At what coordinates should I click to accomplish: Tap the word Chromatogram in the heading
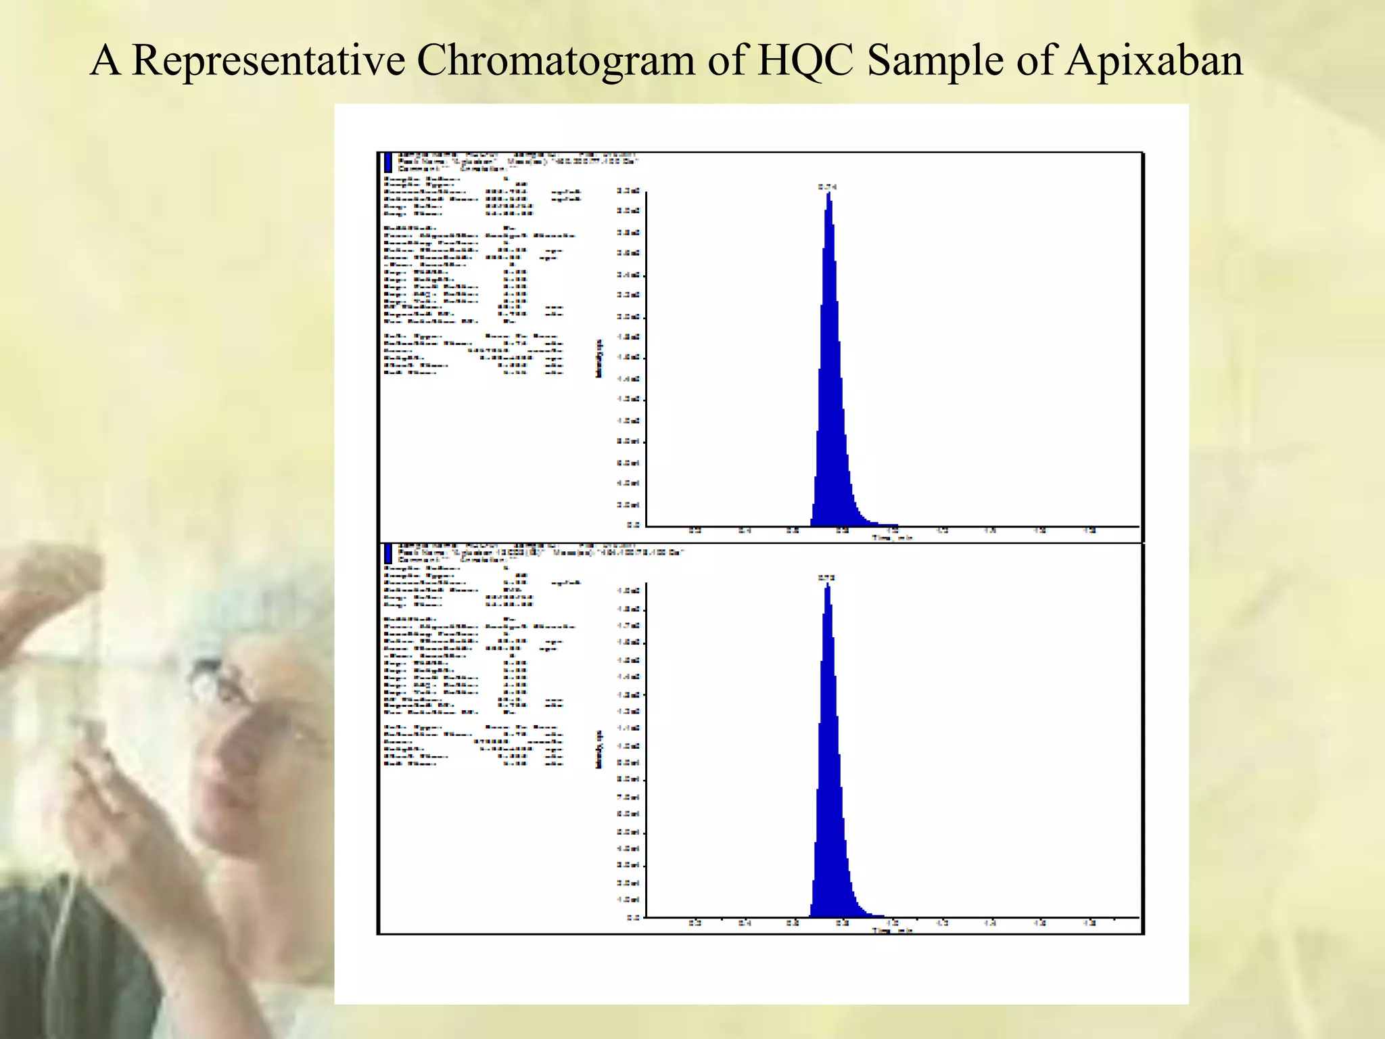[555, 61]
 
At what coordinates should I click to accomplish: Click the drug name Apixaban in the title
[1154, 61]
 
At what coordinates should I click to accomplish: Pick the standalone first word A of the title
[105, 61]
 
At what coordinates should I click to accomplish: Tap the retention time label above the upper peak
[827, 187]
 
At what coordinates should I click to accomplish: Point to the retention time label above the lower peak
[826, 578]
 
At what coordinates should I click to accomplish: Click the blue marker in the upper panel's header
[388, 162]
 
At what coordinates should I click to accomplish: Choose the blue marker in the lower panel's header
[388, 553]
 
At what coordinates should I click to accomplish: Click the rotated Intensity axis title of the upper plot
[598, 359]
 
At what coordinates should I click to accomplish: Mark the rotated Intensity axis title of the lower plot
[598, 749]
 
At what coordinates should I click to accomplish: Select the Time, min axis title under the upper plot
[892, 538]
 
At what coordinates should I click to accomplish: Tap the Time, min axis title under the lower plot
[892, 931]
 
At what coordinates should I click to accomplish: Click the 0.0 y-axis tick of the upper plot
[633, 524]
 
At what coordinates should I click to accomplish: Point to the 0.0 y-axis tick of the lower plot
[633, 917]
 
